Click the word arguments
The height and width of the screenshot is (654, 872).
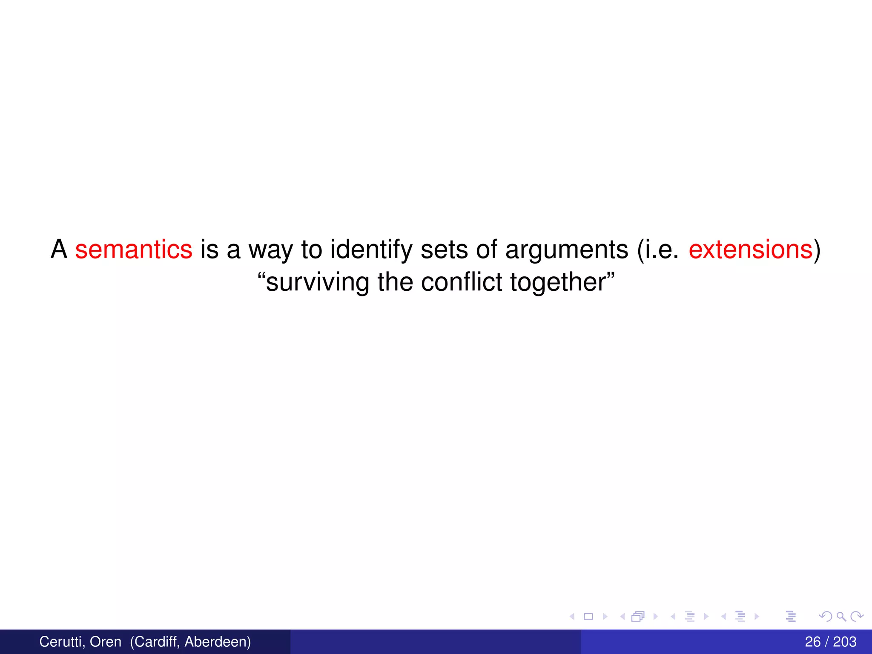pos(567,250)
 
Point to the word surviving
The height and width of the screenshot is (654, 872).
pos(318,282)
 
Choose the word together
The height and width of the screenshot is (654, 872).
pos(558,283)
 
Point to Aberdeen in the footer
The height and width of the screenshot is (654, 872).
pos(218,642)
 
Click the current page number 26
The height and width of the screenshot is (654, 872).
pos(813,642)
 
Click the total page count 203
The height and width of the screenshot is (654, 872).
pos(845,642)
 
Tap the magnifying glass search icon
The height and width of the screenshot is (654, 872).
pos(841,616)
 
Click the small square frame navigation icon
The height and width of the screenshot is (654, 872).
pos(588,616)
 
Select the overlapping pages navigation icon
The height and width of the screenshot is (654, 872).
pos(638,616)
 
